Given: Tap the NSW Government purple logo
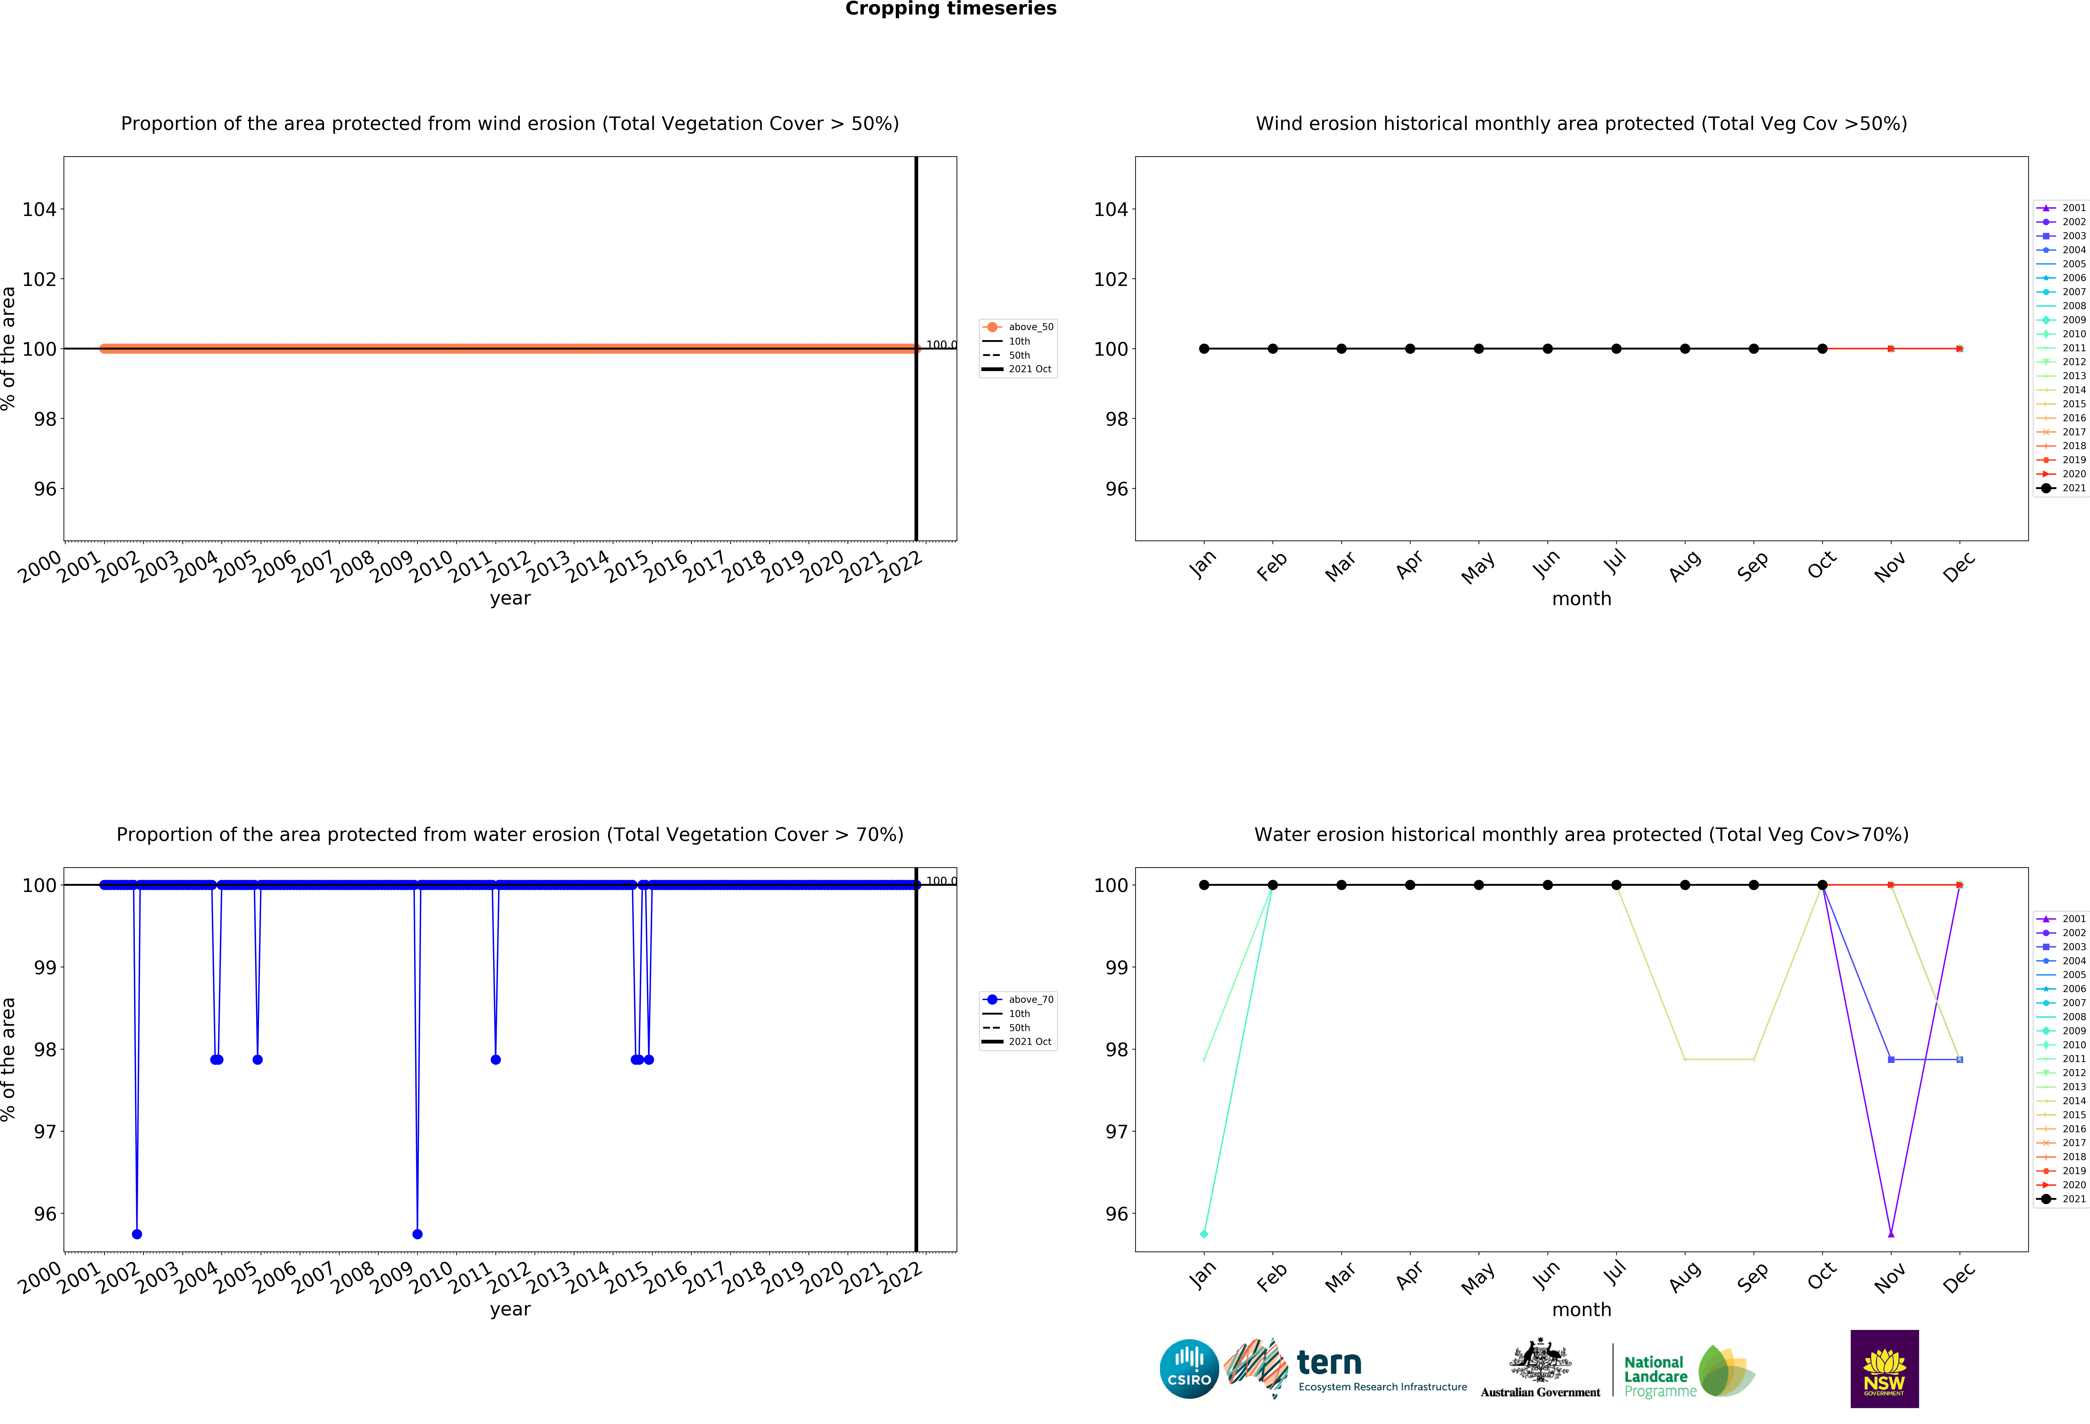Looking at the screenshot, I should pyautogui.click(x=1884, y=1368).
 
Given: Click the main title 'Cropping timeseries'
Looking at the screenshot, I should pyautogui.click(x=951, y=9).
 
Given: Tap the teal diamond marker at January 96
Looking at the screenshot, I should pyautogui.click(x=1204, y=1234).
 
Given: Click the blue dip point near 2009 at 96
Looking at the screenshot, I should pyautogui.click(x=417, y=1234).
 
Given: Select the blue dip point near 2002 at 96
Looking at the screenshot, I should pyautogui.click(x=137, y=1234).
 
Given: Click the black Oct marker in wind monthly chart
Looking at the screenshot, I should pyautogui.click(x=1822, y=349).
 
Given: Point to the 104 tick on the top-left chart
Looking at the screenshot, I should pyautogui.click(x=39, y=210).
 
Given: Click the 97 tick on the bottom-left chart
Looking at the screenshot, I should pyautogui.click(x=45, y=1132).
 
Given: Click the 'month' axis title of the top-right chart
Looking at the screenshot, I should pyautogui.click(x=1581, y=599).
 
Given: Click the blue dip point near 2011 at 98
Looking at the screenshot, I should pyautogui.click(x=495, y=1060).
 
